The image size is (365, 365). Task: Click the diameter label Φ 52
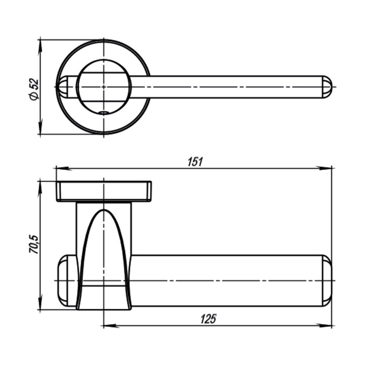click(x=34, y=89)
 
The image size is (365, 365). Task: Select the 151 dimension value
click(x=196, y=162)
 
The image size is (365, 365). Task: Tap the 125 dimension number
click(x=209, y=319)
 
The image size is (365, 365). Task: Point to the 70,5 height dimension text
click(x=33, y=244)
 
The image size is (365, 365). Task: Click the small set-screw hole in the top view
click(x=104, y=113)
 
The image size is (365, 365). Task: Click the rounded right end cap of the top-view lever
click(x=327, y=87)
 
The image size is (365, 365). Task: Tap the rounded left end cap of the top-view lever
click(x=63, y=87)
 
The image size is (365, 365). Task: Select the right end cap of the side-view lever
click(x=327, y=281)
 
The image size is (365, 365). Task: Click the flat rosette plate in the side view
click(x=104, y=191)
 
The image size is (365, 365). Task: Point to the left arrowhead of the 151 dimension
click(x=64, y=168)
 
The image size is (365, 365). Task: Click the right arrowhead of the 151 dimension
click(x=323, y=168)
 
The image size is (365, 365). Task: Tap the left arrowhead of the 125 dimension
click(x=111, y=325)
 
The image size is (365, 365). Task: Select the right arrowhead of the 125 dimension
click(x=323, y=325)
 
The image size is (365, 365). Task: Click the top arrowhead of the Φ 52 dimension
click(x=41, y=47)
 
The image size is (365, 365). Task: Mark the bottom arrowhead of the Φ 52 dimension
click(x=41, y=126)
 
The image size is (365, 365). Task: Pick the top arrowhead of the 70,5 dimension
click(x=41, y=189)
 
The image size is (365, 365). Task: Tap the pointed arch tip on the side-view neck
click(x=104, y=210)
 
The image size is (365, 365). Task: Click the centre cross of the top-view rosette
click(x=104, y=87)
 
